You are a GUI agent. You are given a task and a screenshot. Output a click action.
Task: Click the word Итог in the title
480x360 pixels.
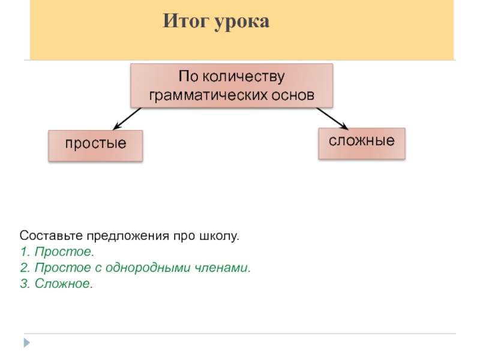(x=184, y=23)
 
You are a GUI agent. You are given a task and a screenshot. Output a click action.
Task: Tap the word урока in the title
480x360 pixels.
(x=241, y=23)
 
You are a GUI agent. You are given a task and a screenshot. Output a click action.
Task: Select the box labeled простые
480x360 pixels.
(x=95, y=145)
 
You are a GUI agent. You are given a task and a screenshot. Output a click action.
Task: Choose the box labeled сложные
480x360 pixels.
(x=361, y=143)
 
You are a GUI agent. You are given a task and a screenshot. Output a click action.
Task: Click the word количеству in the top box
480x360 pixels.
(x=243, y=77)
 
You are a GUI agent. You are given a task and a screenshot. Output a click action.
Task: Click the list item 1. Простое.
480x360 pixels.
(x=56, y=252)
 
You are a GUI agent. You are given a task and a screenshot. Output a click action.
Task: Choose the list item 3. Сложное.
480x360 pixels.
(x=56, y=283)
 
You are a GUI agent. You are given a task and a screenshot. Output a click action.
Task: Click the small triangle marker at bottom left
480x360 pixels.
(x=26, y=343)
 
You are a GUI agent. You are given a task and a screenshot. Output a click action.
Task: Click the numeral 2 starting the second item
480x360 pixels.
(x=23, y=268)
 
